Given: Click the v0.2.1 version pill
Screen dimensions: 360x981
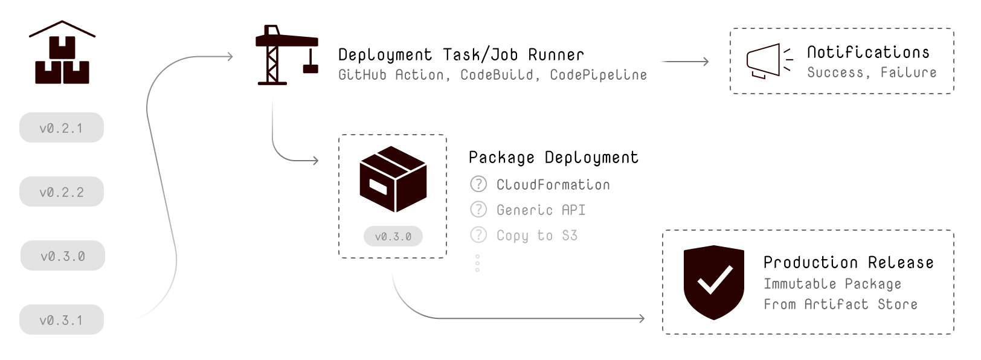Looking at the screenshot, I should pyautogui.click(x=61, y=127).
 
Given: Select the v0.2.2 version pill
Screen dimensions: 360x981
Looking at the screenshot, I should pyautogui.click(x=61, y=191).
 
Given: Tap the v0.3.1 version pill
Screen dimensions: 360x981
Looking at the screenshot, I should pyautogui.click(x=61, y=320).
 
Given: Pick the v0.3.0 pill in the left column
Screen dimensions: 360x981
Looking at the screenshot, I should pyautogui.click(x=62, y=256).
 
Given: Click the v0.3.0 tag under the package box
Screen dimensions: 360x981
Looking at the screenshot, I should pyautogui.click(x=393, y=236).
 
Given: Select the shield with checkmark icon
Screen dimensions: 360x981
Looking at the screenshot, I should pyautogui.click(x=713, y=281).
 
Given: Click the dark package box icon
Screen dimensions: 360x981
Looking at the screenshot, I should pyautogui.click(x=393, y=179).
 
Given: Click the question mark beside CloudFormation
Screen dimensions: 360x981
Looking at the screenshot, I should pyautogui.click(x=478, y=184).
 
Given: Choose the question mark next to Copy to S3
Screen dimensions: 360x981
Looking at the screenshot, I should pyautogui.click(x=478, y=234).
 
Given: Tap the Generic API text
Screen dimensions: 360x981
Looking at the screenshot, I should pyautogui.click(x=541, y=210).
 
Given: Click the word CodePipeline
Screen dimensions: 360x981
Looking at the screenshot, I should pyautogui.click(x=598, y=75).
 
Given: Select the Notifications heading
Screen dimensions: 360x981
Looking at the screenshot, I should pyautogui.click(x=868, y=53).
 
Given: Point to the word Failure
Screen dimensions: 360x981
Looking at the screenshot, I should pyautogui.click(x=908, y=72).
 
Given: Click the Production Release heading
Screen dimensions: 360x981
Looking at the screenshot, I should pyautogui.click(x=848, y=262).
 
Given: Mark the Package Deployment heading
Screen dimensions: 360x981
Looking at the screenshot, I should pyautogui.click(x=553, y=158).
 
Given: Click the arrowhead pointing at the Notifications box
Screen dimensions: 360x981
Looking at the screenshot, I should pyautogui.click(x=705, y=61).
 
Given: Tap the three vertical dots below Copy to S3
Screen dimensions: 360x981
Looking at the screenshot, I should pyautogui.click(x=477, y=263).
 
